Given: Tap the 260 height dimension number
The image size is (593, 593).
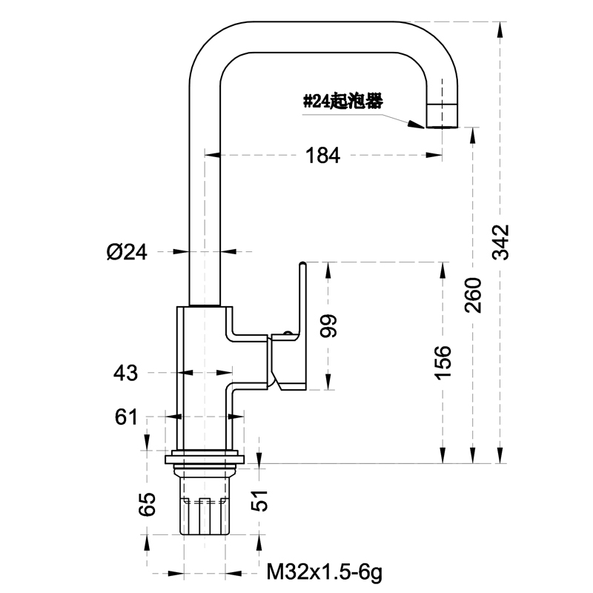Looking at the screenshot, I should point(473,294).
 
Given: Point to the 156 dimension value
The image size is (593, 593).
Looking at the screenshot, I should point(443,362).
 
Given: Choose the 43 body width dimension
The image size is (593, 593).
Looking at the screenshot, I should point(126,373).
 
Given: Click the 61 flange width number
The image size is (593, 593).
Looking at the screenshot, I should point(126,417).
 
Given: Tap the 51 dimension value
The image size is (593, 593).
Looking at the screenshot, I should point(259,504).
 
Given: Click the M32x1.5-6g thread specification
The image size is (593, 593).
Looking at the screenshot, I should point(325,572).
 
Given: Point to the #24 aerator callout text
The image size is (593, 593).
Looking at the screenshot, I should point(342,102).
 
